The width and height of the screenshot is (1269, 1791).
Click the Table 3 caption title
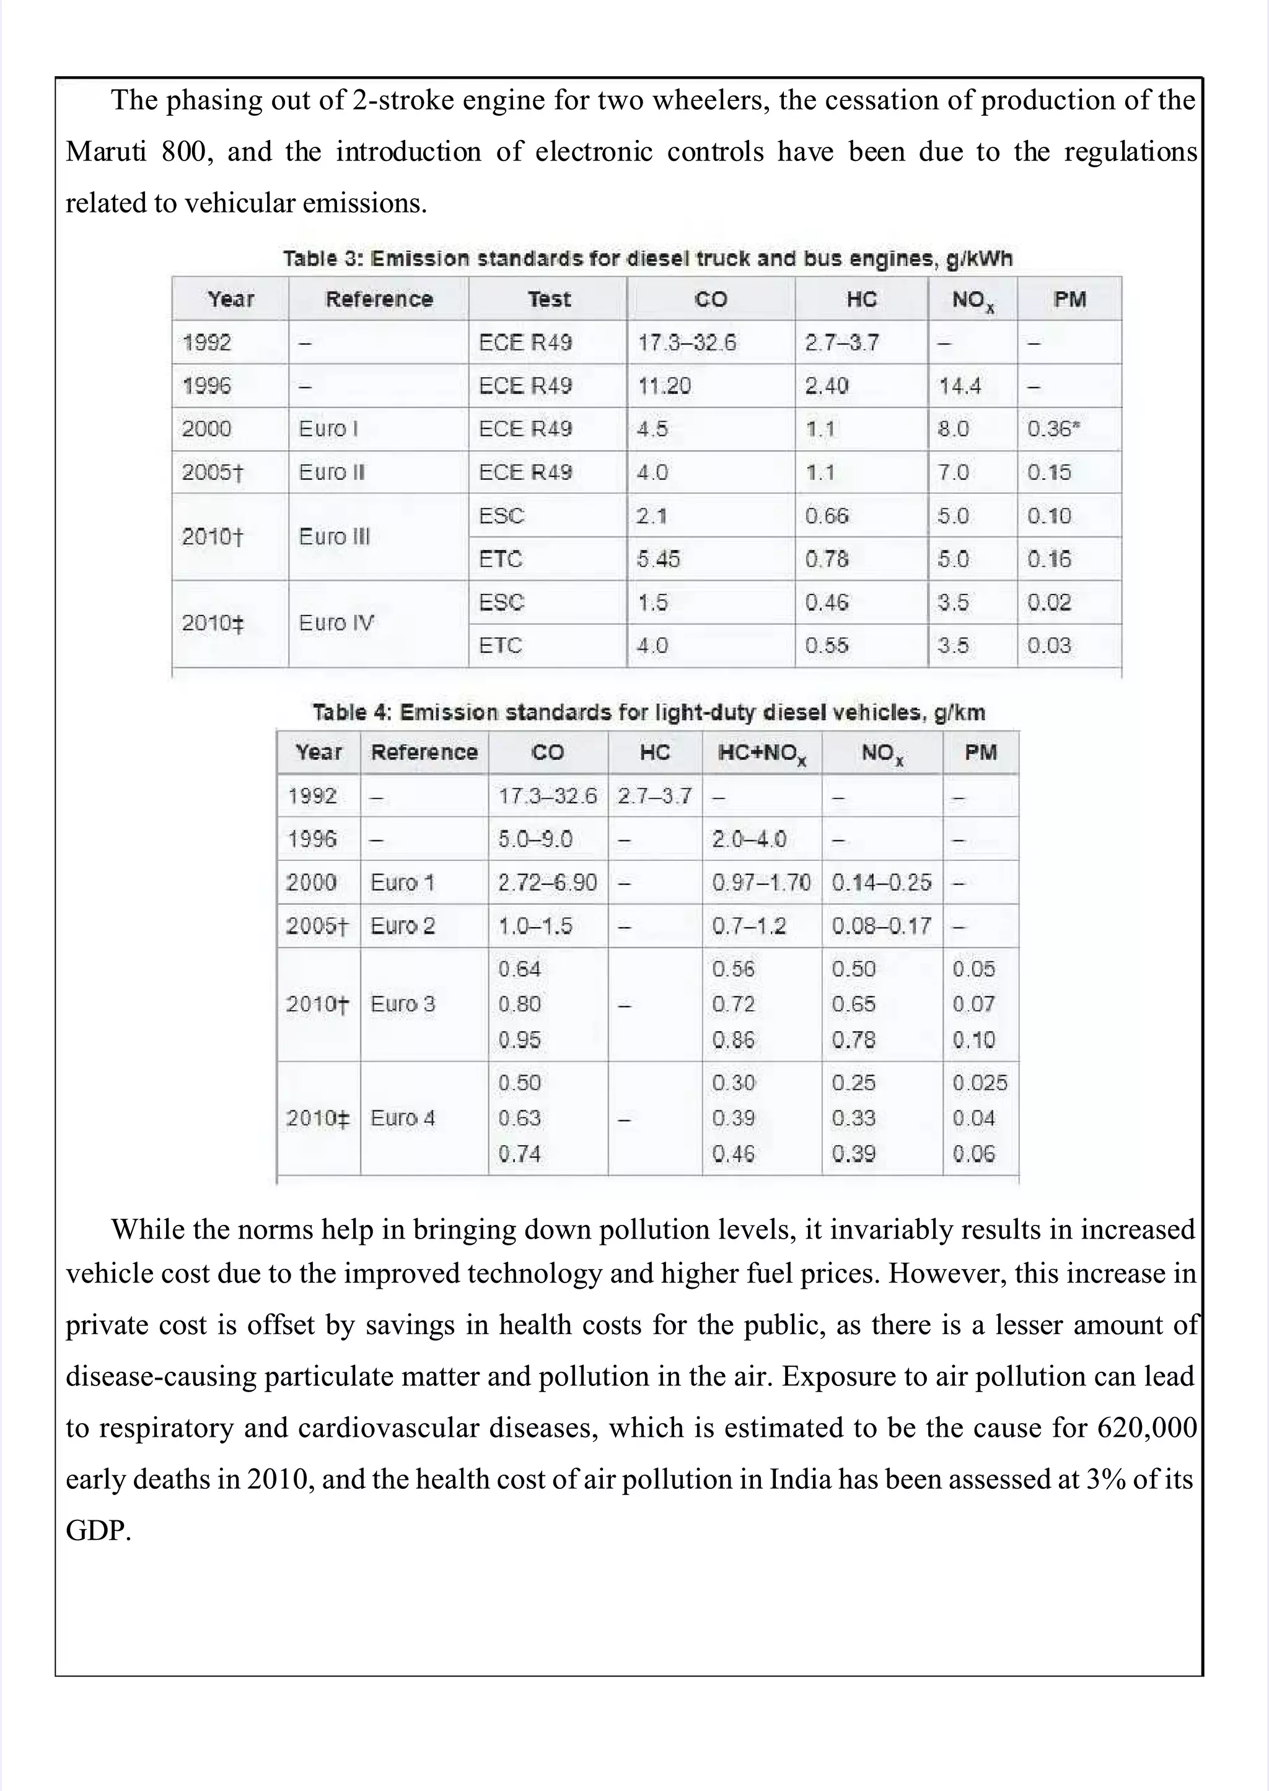[x=647, y=258]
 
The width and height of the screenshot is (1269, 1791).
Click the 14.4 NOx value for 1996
[x=960, y=386]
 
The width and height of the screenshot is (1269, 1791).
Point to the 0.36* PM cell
[x=1053, y=429]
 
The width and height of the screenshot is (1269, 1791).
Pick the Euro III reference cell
[x=335, y=536]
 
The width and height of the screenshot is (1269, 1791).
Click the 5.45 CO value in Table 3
[x=658, y=559]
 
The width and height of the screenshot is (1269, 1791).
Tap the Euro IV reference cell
[x=336, y=623]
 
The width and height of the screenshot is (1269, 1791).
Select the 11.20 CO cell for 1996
[x=664, y=386]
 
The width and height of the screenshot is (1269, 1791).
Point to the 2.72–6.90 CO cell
[x=547, y=882]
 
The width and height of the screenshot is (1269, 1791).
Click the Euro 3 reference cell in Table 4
[x=402, y=1004]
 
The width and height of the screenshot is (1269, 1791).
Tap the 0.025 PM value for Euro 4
[x=979, y=1083]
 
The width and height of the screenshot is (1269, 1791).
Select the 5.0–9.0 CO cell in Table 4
[x=535, y=840]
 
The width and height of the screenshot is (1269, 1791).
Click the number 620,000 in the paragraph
[x=1146, y=1428]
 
